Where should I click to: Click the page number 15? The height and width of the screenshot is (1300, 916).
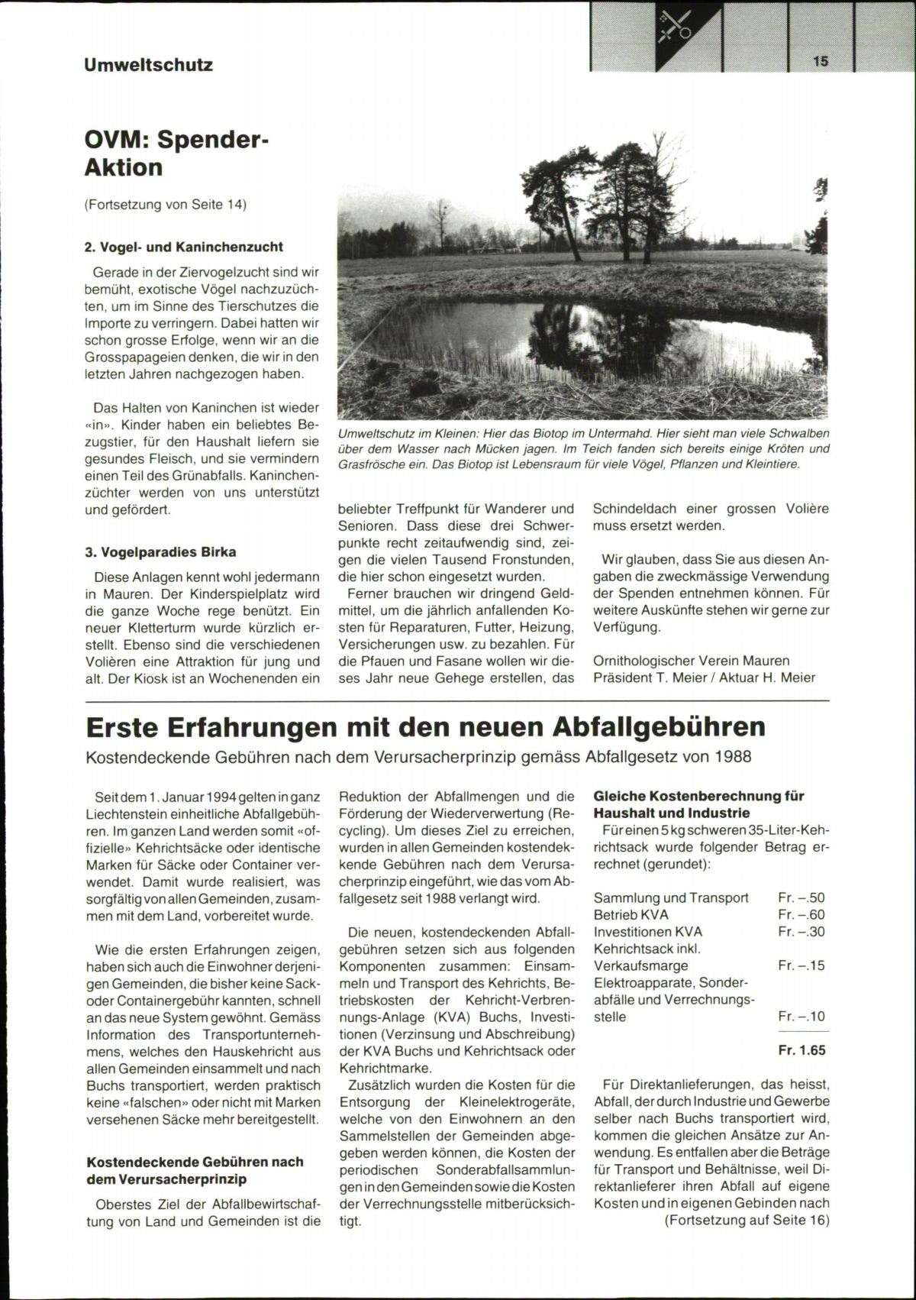click(821, 61)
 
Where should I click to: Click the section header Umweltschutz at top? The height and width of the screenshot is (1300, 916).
click(148, 65)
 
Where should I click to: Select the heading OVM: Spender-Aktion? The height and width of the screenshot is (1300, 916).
click(177, 154)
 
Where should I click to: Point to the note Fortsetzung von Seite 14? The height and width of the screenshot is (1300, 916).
click(166, 204)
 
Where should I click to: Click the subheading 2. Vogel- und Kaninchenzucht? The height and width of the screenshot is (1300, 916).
click(183, 247)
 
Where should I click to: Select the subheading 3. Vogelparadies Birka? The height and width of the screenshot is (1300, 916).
click(160, 551)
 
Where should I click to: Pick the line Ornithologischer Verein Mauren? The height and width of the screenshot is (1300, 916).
click(691, 660)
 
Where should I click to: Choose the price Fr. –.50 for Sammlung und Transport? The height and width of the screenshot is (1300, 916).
click(801, 897)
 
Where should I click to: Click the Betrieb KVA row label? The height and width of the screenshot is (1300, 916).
click(631, 914)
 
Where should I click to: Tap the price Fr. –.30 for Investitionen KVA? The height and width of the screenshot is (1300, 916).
click(801, 931)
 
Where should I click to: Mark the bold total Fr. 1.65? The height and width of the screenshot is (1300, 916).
click(801, 1050)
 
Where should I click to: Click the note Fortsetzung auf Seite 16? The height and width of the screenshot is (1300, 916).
click(746, 1220)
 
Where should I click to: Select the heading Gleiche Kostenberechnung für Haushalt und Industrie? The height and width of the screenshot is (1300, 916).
click(698, 804)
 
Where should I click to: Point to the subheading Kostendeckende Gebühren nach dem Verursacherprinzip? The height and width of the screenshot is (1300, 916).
click(195, 1170)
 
